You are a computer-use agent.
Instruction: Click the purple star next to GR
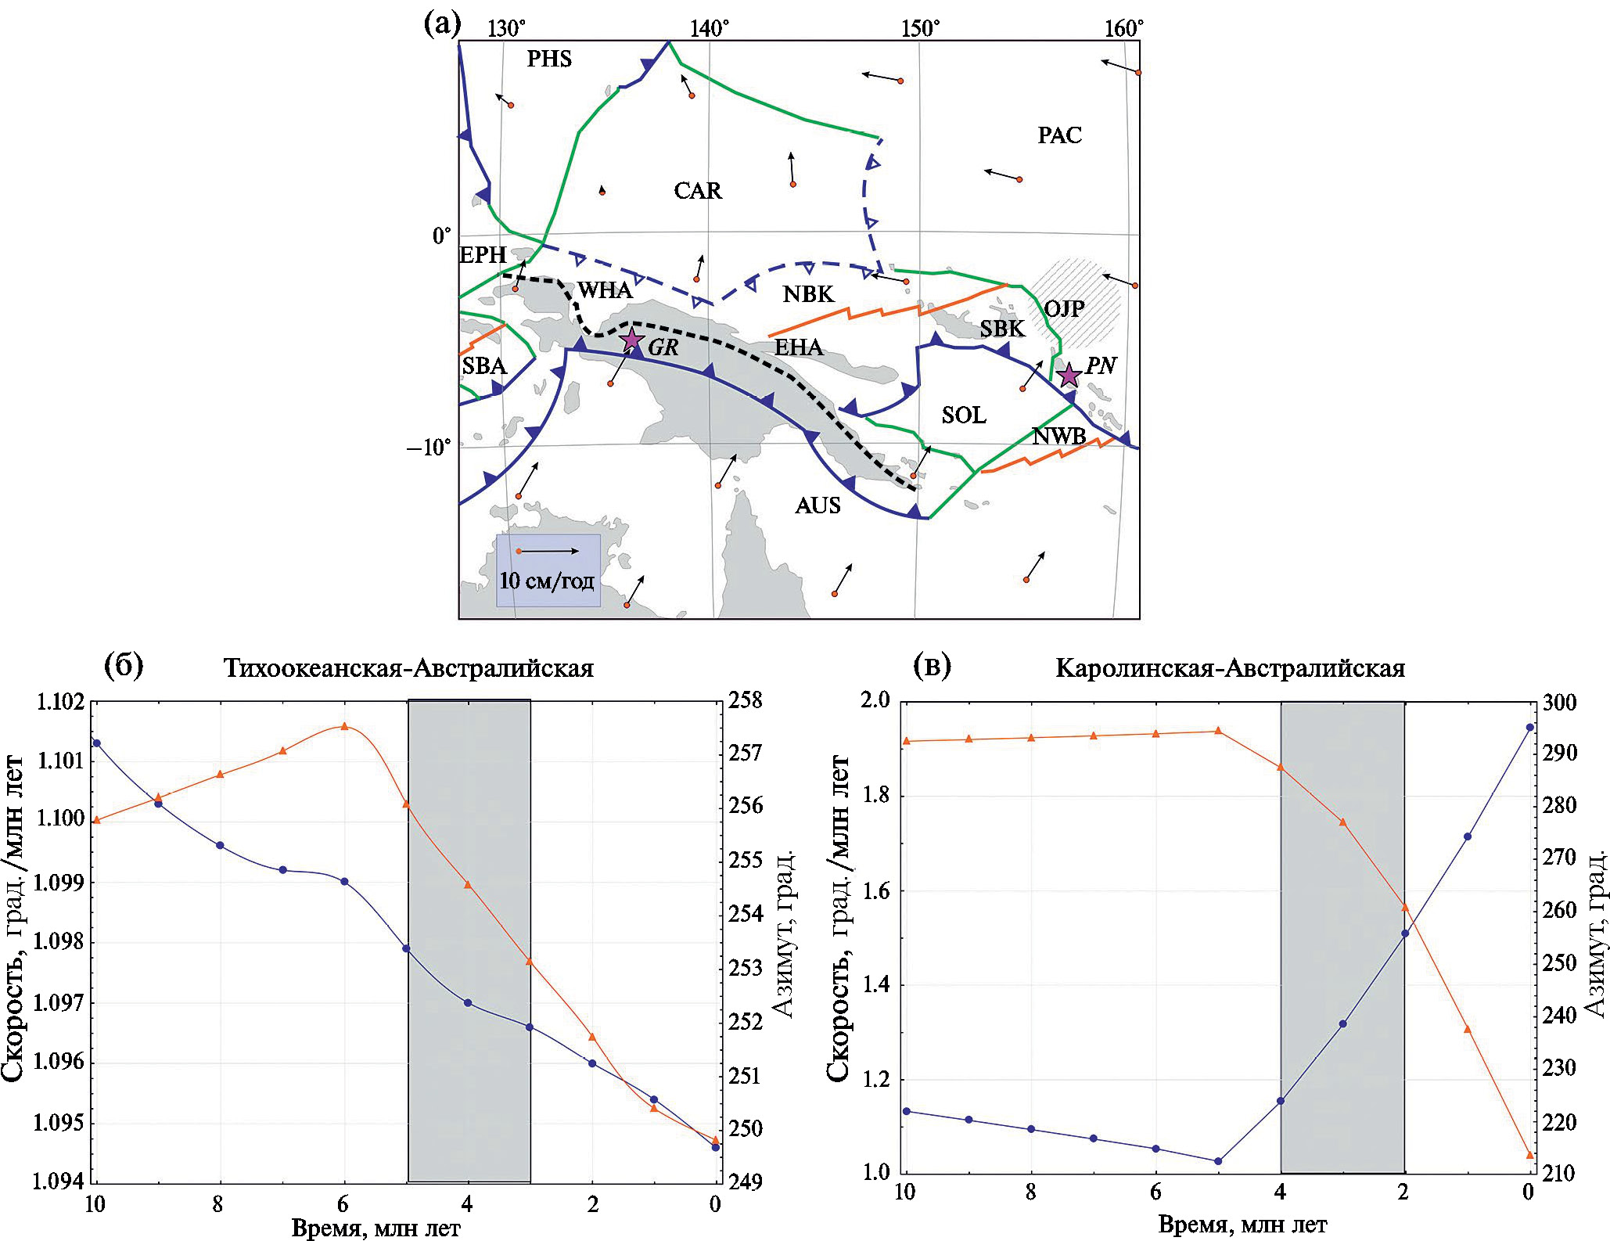click(632, 340)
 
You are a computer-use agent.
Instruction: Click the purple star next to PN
click(1069, 376)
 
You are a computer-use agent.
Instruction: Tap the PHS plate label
click(549, 59)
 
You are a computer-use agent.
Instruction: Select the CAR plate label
click(698, 191)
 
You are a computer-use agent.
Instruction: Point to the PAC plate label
click(1060, 135)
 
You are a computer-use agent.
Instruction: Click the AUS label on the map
click(818, 505)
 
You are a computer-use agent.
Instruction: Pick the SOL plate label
click(964, 415)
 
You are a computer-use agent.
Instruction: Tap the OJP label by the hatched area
click(1064, 308)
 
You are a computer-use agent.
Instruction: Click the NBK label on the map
click(809, 294)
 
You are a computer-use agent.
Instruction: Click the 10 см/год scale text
click(547, 581)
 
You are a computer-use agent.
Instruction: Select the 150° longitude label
click(920, 29)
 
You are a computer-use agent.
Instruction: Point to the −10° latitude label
click(428, 448)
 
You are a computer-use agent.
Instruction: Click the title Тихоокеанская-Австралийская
click(408, 668)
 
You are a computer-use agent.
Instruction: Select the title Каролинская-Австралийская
click(1231, 668)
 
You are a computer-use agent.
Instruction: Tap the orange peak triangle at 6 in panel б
click(344, 726)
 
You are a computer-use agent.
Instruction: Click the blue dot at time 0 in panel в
click(1529, 727)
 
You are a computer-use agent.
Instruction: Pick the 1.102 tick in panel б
click(60, 701)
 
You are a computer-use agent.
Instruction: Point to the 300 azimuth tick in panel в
click(1560, 703)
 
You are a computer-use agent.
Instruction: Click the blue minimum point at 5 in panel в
click(1218, 1161)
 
